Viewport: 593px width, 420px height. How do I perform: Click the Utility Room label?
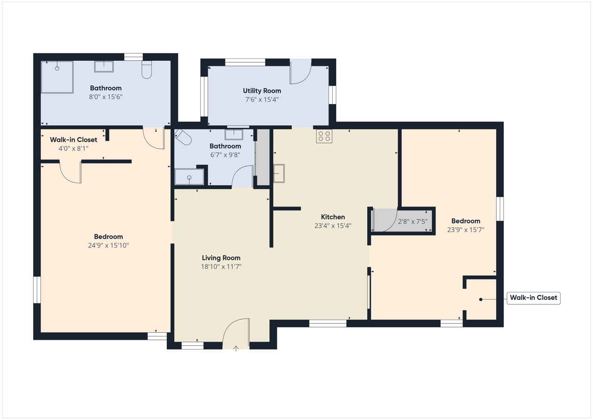(x=262, y=91)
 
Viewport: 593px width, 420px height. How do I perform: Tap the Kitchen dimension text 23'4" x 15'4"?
(x=333, y=226)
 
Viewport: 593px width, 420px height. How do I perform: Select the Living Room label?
(x=221, y=258)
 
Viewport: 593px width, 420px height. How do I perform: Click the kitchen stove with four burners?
(x=324, y=136)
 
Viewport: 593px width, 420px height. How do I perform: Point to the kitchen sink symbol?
(x=279, y=174)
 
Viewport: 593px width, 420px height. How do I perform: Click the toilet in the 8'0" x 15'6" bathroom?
(x=147, y=70)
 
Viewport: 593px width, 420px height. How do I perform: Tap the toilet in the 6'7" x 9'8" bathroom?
(x=183, y=137)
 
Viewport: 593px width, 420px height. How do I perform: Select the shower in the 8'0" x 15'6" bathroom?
(x=57, y=77)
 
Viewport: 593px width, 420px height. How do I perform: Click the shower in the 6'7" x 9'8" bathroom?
(x=189, y=177)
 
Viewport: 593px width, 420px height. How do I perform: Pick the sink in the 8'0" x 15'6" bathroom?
(x=104, y=66)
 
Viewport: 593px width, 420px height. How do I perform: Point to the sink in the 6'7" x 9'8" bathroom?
(x=234, y=135)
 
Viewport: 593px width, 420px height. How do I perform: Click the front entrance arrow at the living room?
(x=236, y=349)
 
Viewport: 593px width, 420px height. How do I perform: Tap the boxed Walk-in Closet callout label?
(x=533, y=298)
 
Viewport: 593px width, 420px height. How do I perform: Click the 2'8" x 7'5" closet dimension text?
(x=413, y=221)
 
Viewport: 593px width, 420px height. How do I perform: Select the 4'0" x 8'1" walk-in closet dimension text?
(x=73, y=149)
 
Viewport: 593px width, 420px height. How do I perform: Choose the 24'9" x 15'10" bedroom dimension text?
(x=108, y=245)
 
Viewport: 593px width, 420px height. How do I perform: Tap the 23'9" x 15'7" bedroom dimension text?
(x=466, y=230)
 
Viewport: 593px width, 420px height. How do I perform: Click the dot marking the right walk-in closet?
(x=481, y=300)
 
